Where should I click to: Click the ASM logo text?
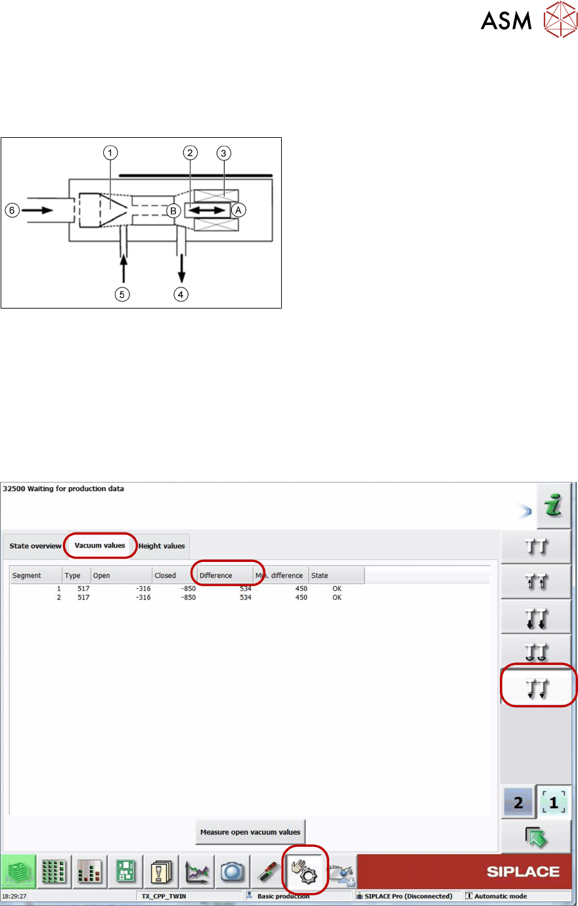coord(506,20)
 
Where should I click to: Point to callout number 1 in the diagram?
coord(110,153)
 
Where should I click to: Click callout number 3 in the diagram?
coord(223,153)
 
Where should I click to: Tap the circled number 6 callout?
coord(12,211)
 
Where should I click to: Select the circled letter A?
coord(238,210)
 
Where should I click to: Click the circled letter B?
coord(173,211)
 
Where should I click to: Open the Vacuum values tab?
coord(100,546)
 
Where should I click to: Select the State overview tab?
coord(35,546)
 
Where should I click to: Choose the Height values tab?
coord(162,546)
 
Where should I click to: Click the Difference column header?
coord(216,576)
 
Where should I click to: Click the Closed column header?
coord(166,576)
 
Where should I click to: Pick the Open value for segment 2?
coord(143,597)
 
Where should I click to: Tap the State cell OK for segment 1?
coord(337,588)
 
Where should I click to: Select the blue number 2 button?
coord(518,802)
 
